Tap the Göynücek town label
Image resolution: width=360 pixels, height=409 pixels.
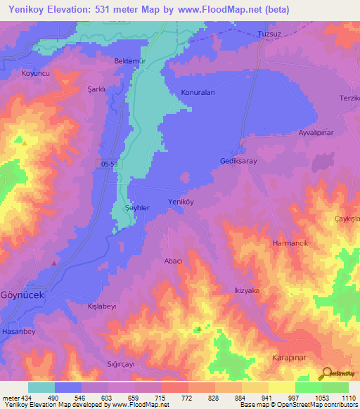tap(22, 295)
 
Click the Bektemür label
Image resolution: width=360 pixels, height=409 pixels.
tap(129, 61)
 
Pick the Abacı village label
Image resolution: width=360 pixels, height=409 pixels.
tap(173, 261)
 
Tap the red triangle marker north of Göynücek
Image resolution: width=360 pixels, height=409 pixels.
tap(55, 263)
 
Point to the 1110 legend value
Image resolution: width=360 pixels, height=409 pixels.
tap(346, 398)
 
